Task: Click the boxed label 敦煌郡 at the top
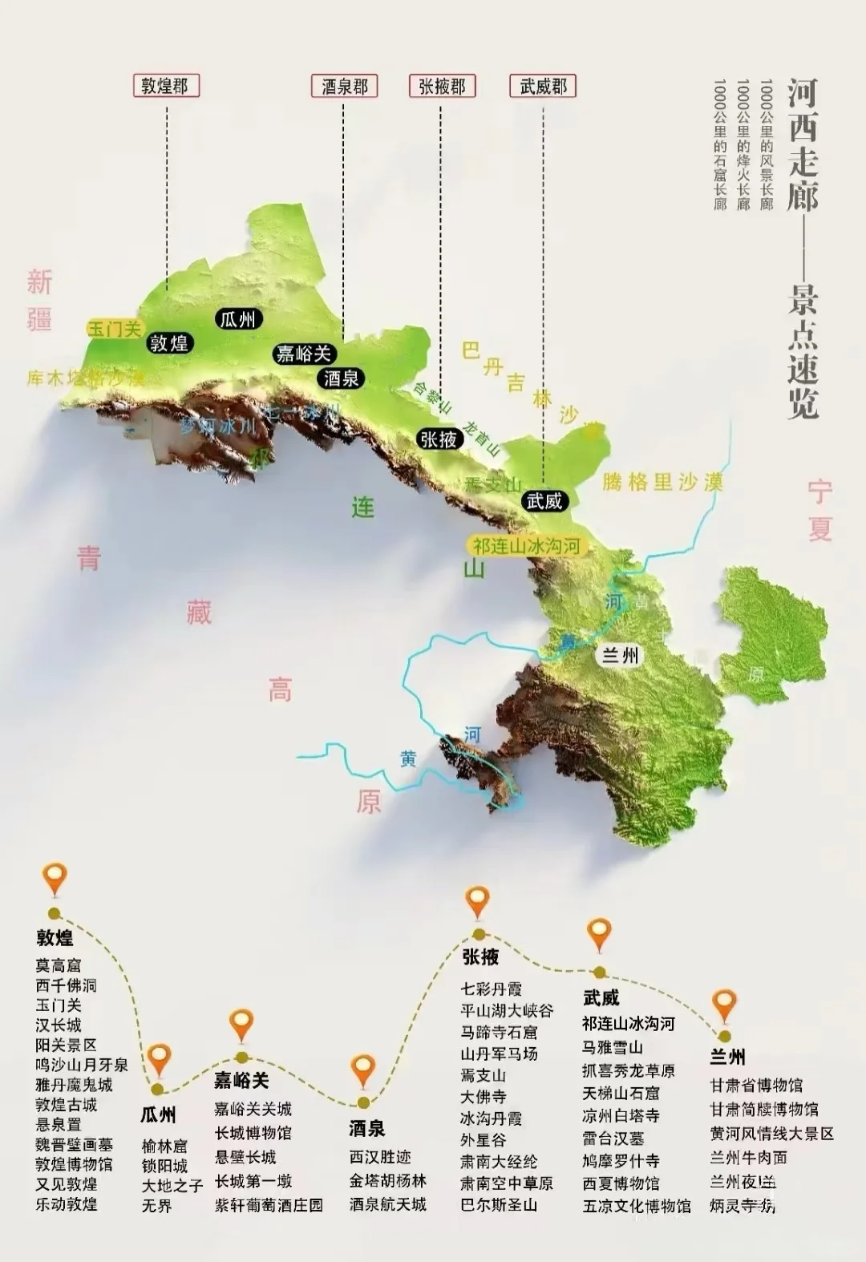[165, 86]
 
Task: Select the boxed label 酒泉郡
[344, 86]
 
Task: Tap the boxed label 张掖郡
[442, 86]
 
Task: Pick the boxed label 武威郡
[543, 86]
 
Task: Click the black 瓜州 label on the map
[237, 319]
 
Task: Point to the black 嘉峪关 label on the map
[303, 354]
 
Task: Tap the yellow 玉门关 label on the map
[115, 329]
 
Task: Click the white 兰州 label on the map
[621, 655]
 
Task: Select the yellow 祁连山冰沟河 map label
[526, 546]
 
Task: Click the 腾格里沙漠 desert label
[662, 481]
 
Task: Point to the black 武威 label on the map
[544, 502]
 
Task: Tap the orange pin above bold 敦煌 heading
[55, 879]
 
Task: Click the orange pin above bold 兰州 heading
[725, 1004]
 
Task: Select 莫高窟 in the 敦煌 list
[58, 965]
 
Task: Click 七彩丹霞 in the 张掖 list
[491, 989]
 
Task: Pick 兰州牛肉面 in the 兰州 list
[748, 1157]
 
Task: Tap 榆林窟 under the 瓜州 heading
[164, 1146]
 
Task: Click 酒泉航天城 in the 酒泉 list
[387, 1203]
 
